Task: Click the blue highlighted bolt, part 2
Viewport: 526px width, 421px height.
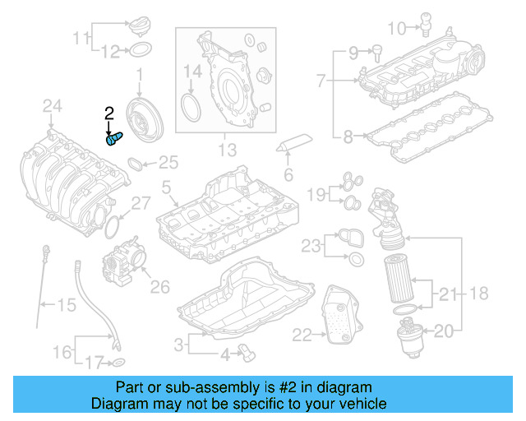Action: tap(113, 139)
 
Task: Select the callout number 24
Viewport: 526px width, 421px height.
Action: tap(53, 105)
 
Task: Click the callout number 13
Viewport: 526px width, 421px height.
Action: tap(227, 150)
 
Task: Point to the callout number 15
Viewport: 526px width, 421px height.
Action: tap(66, 306)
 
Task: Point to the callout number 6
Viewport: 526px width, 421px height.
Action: tap(288, 174)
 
